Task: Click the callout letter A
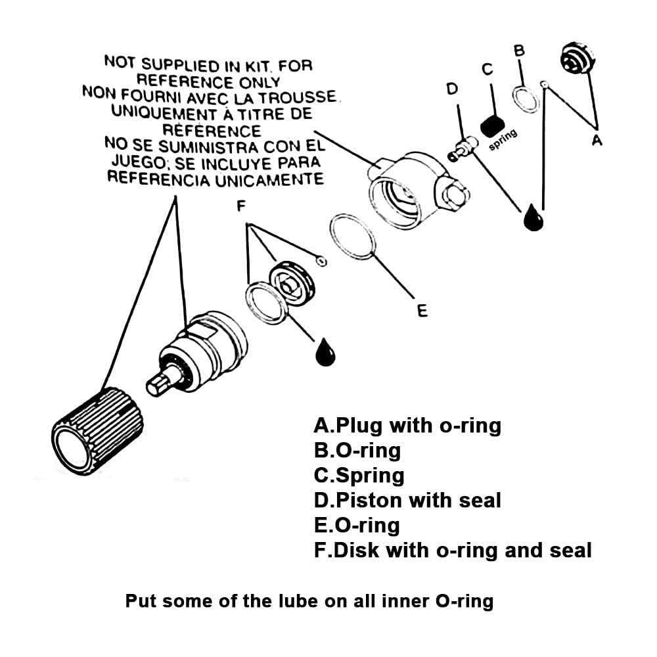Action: (x=597, y=139)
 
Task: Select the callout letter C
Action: (x=487, y=69)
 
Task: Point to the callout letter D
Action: (x=452, y=89)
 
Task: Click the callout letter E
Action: (x=422, y=309)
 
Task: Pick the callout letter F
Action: (x=241, y=206)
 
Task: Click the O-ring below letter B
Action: (x=525, y=99)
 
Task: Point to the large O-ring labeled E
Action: (x=353, y=236)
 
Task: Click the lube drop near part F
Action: (x=325, y=352)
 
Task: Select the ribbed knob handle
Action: (x=97, y=430)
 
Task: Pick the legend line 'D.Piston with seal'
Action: (x=407, y=501)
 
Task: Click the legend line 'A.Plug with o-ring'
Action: (x=407, y=426)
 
